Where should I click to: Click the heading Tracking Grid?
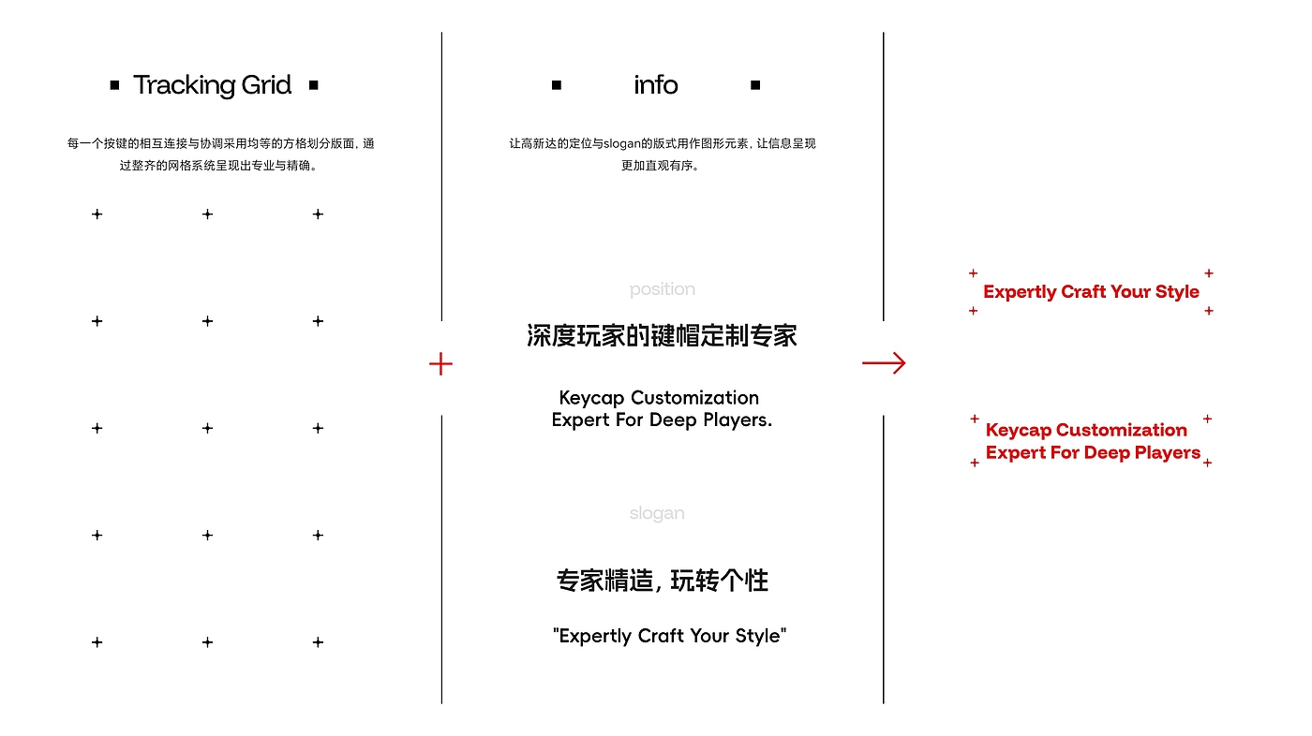coord(213,85)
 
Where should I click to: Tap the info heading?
coord(655,85)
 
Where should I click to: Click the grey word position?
coord(663,289)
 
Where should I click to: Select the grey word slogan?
coord(657,513)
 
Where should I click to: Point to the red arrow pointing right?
coord(884,363)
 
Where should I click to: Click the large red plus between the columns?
coord(440,364)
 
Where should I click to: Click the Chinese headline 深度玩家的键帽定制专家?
coord(662,336)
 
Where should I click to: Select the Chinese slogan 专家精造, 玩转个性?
coord(662,581)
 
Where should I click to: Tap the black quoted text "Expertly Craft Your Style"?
coord(669,636)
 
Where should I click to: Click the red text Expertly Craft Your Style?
coord(1091,292)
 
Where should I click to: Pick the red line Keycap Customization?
coord(1086,430)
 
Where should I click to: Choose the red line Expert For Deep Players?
coord(1093,452)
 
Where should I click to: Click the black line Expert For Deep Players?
coord(662,420)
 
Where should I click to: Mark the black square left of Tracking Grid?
coord(114,85)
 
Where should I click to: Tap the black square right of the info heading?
coord(755,85)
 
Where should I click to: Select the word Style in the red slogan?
coord(1177,292)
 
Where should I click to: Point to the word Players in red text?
coord(1168,452)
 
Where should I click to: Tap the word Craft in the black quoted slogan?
coord(663,636)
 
